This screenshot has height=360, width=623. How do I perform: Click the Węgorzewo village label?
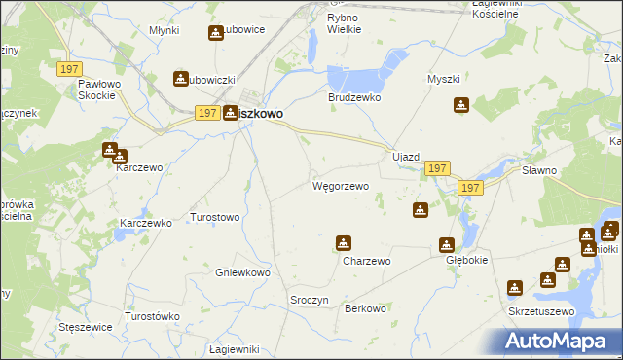340,185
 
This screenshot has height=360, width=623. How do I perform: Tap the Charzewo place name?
366,261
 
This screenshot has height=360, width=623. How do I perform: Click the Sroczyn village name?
310,301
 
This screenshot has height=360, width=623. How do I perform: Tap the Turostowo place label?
214,217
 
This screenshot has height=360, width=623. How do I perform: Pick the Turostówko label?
153,317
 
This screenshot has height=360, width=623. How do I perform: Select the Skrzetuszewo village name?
541,311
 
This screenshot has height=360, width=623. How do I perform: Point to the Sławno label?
566,170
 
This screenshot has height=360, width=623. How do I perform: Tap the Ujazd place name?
405,158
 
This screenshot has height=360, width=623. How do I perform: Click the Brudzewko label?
353,98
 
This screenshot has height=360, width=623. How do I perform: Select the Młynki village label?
165,30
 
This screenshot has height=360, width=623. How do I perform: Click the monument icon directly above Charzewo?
343,243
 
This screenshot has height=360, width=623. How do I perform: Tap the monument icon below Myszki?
461,105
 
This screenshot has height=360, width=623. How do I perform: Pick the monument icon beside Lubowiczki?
181,79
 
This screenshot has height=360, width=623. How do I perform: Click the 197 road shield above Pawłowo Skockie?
68,69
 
